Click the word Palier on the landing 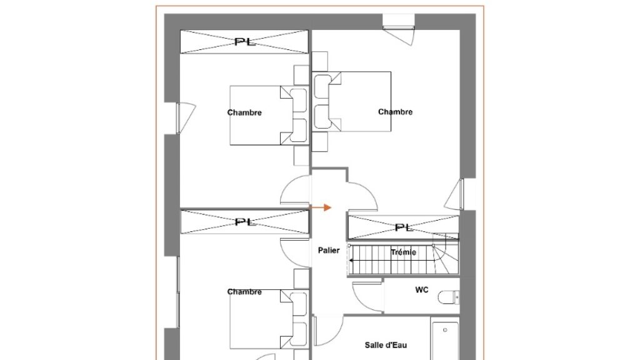point(329,250)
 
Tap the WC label point(422,290)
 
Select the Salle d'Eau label point(386,345)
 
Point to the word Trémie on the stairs point(403,252)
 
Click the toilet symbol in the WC point(449,297)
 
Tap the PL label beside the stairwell point(404,227)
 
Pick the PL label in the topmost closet point(245,42)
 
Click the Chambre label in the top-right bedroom point(395,112)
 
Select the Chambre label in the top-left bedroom point(244,112)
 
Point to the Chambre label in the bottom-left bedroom point(244,291)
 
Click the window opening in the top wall point(398,29)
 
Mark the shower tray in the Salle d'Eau point(445,340)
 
